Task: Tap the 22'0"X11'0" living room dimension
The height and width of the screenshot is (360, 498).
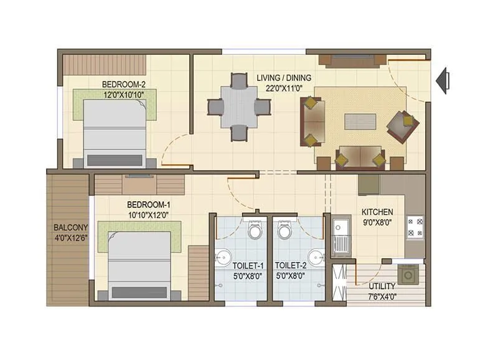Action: coord(284,87)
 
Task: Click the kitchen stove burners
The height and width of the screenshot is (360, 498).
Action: coord(415,227)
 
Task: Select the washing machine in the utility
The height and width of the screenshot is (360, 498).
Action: coord(410,273)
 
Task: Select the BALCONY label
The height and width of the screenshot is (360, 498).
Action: coord(69,227)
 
